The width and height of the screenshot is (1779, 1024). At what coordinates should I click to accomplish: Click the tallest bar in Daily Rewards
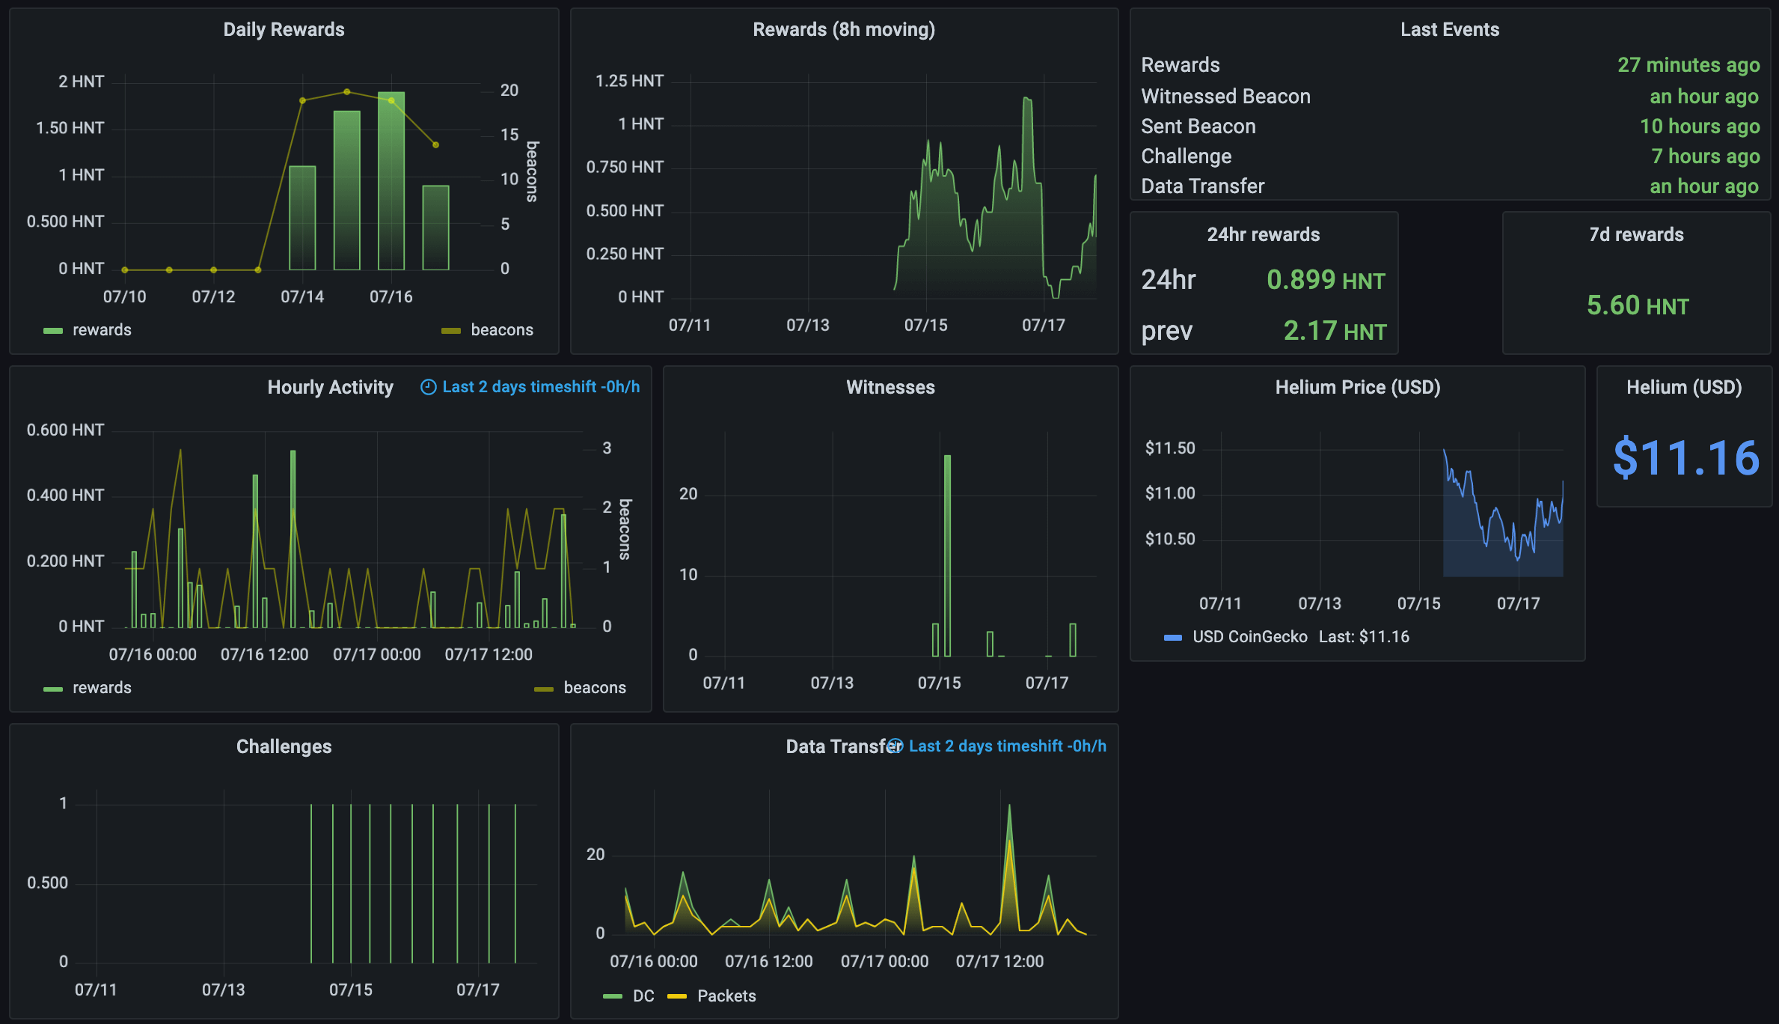coord(391,180)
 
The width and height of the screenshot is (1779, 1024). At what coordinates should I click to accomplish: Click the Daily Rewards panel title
coord(284,29)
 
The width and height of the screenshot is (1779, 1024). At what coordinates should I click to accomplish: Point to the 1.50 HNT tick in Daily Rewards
coord(70,128)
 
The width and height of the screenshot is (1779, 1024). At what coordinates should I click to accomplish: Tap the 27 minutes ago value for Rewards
coord(1688,65)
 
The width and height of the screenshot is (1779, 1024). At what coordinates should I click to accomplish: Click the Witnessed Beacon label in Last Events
coord(1225,97)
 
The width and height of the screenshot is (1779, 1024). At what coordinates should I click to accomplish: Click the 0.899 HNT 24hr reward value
coord(1325,280)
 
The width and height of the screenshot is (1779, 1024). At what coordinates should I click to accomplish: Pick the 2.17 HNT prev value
coord(1334,331)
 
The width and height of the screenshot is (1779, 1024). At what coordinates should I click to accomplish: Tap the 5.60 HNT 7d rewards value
coord(1637,305)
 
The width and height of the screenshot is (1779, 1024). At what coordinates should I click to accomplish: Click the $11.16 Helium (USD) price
coord(1685,457)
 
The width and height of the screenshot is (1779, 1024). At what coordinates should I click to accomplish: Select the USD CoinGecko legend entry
coord(1249,636)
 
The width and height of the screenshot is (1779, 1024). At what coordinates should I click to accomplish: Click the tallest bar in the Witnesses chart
coord(947,554)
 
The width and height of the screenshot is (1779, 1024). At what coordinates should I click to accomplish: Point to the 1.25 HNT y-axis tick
coord(628,81)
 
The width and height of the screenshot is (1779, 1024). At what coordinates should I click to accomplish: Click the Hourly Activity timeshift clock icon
coord(428,387)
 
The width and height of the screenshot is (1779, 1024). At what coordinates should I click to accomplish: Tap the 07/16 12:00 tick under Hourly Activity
coord(264,654)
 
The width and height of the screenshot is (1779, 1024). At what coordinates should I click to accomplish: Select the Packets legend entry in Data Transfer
coord(726,996)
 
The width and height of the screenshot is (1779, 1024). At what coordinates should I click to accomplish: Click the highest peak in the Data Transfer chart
coord(1009,807)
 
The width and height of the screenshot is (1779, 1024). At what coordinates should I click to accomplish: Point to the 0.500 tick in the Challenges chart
coord(47,883)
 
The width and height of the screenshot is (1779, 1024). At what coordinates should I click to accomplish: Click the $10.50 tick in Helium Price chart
coord(1169,539)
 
